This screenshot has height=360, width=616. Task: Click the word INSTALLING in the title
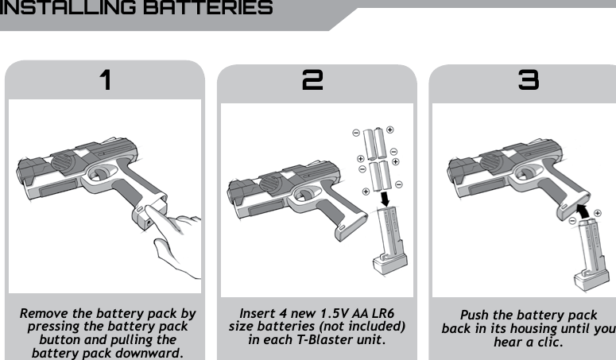tap(60, 9)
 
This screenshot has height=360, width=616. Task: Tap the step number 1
tap(105, 80)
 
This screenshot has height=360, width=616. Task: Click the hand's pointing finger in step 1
tap(169, 230)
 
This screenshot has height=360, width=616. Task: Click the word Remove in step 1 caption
tap(47, 315)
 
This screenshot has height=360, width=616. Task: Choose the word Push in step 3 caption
tap(475, 315)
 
